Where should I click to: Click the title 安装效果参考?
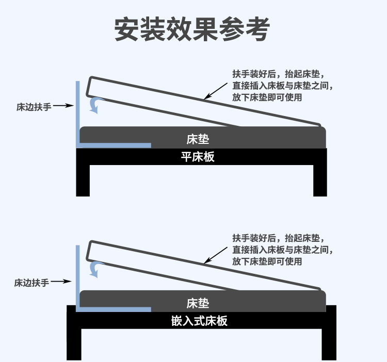click(191, 30)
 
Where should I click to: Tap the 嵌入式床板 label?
click(199, 321)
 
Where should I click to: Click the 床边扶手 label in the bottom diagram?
click(31, 283)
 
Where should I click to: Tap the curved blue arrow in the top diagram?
click(95, 105)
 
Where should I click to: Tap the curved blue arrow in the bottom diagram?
click(95, 268)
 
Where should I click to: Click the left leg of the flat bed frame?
click(83, 180)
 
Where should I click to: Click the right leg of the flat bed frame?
click(320, 180)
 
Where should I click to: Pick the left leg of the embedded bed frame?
click(74, 343)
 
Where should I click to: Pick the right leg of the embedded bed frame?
click(329, 343)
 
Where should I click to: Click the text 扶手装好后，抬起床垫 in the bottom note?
click(278, 238)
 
